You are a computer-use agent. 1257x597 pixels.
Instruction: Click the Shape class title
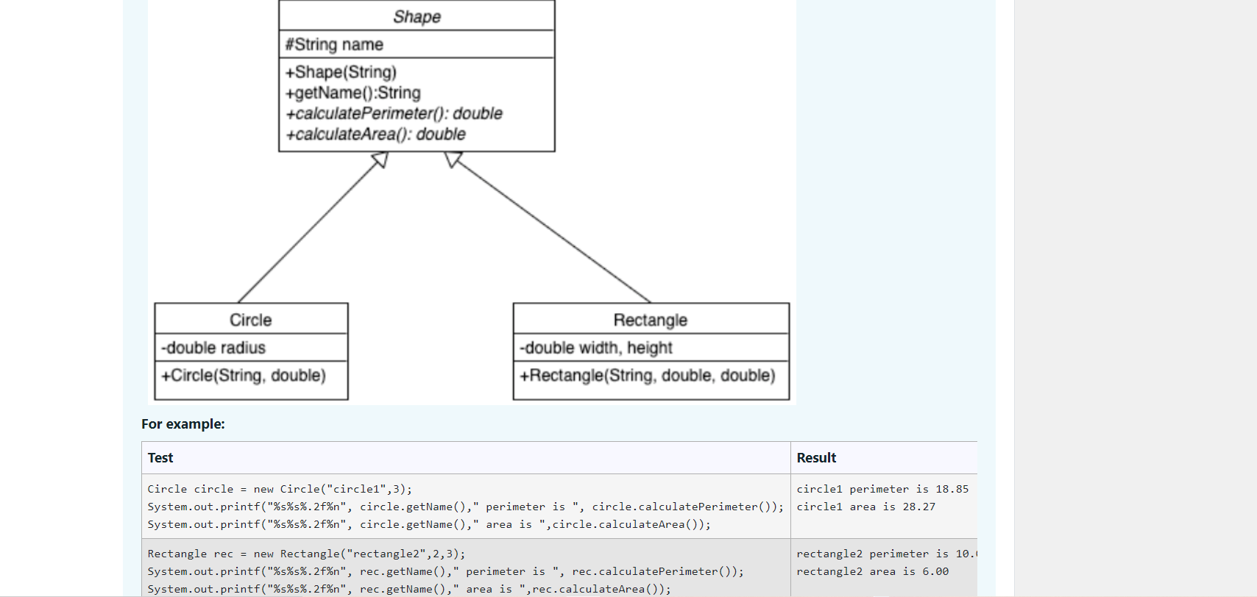(417, 17)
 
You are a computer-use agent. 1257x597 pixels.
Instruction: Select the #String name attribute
(334, 45)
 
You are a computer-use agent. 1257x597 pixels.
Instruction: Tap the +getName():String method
(353, 93)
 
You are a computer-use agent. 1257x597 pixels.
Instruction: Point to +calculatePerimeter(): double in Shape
(394, 114)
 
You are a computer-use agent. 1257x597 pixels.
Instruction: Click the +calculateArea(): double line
(375, 135)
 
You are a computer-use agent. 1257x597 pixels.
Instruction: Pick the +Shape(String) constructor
(341, 72)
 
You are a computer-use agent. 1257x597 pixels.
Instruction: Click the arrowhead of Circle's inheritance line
(381, 159)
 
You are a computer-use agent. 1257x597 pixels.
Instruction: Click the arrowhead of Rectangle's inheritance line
(452, 158)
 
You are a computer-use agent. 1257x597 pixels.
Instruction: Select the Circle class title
(250, 321)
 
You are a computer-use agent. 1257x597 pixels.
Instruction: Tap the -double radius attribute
(213, 348)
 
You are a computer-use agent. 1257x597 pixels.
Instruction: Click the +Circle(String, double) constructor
(244, 376)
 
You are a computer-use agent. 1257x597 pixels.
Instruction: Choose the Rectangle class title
(650, 321)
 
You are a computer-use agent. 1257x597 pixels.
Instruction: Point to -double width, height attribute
(596, 348)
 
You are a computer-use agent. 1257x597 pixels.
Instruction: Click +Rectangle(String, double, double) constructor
(648, 376)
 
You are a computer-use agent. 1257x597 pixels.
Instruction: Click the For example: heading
(183, 424)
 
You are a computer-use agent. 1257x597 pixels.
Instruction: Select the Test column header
(160, 458)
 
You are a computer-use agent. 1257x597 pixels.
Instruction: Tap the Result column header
(816, 458)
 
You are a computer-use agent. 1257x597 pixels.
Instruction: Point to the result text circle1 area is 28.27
(865, 507)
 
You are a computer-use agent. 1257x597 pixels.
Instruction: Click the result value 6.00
(935, 572)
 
